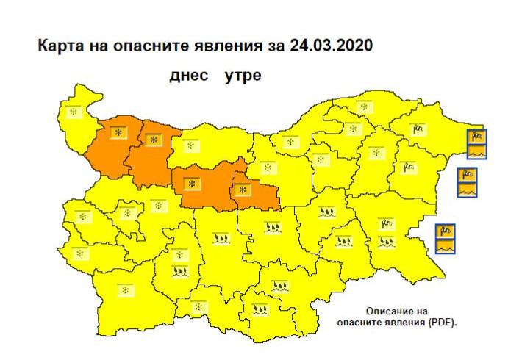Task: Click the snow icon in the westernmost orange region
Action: click(x=118, y=132)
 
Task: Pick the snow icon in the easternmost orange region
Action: click(x=243, y=190)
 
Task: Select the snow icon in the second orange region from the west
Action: click(x=154, y=139)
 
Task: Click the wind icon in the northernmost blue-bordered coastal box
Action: click(x=476, y=136)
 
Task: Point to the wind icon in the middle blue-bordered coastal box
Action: click(x=466, y=175)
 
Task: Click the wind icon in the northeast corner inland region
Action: click(x=418, y=130)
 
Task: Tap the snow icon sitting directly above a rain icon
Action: click(x=178, y=256)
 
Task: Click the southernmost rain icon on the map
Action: click(x=259, y=310)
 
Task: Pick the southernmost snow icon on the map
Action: click(x=196, y=306)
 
